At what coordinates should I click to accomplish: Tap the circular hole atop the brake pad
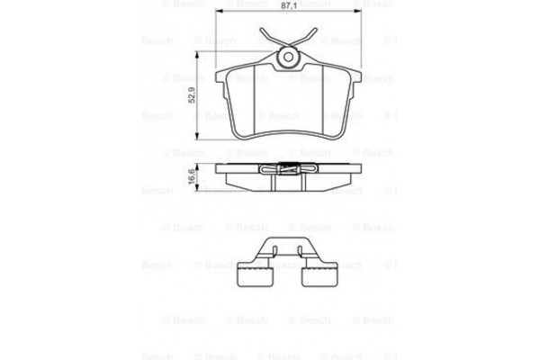(288, 58)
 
